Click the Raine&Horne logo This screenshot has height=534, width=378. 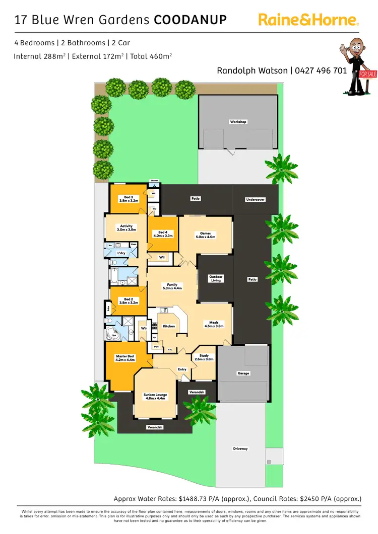pos(308,20)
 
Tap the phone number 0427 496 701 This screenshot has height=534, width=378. pos(321,70)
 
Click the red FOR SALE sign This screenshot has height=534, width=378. pos(367,74)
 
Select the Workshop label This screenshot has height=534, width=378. pos(238,122)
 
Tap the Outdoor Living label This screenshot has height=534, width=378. pos(216,278)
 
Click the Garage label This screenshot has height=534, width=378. pos(243,373)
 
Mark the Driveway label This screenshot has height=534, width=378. pos(240,448)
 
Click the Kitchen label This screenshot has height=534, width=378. pos(169,326)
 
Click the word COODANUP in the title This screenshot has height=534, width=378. pos(190,20)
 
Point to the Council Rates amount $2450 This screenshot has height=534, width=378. pos(310,499)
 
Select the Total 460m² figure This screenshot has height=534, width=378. pos(151,56)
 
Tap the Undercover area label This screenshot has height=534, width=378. pos(255,199)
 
